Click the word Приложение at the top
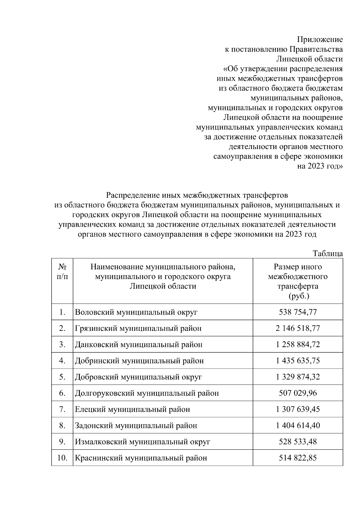pos(320,39)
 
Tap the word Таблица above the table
pos(328,253)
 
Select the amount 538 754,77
pos(298,312)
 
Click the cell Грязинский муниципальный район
pos(138,328)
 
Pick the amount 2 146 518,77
pos(298,328)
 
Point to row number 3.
pos(62,344)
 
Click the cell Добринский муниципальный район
pos(139,361)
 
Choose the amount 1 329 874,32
pos(298,377)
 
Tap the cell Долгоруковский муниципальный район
pos(147,393)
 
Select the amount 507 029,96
pos(298,393)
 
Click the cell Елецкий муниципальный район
pos(132,409)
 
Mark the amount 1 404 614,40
pos(298,425)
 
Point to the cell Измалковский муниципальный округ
pos(142,442)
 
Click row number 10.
pos(62,458)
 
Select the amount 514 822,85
pos(298,458)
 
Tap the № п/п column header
pos(62,271)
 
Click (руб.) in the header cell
pos(298,296)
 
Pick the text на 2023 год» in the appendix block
pos(320,166)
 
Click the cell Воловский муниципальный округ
pos(136,312)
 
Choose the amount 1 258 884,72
pos(298,344)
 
